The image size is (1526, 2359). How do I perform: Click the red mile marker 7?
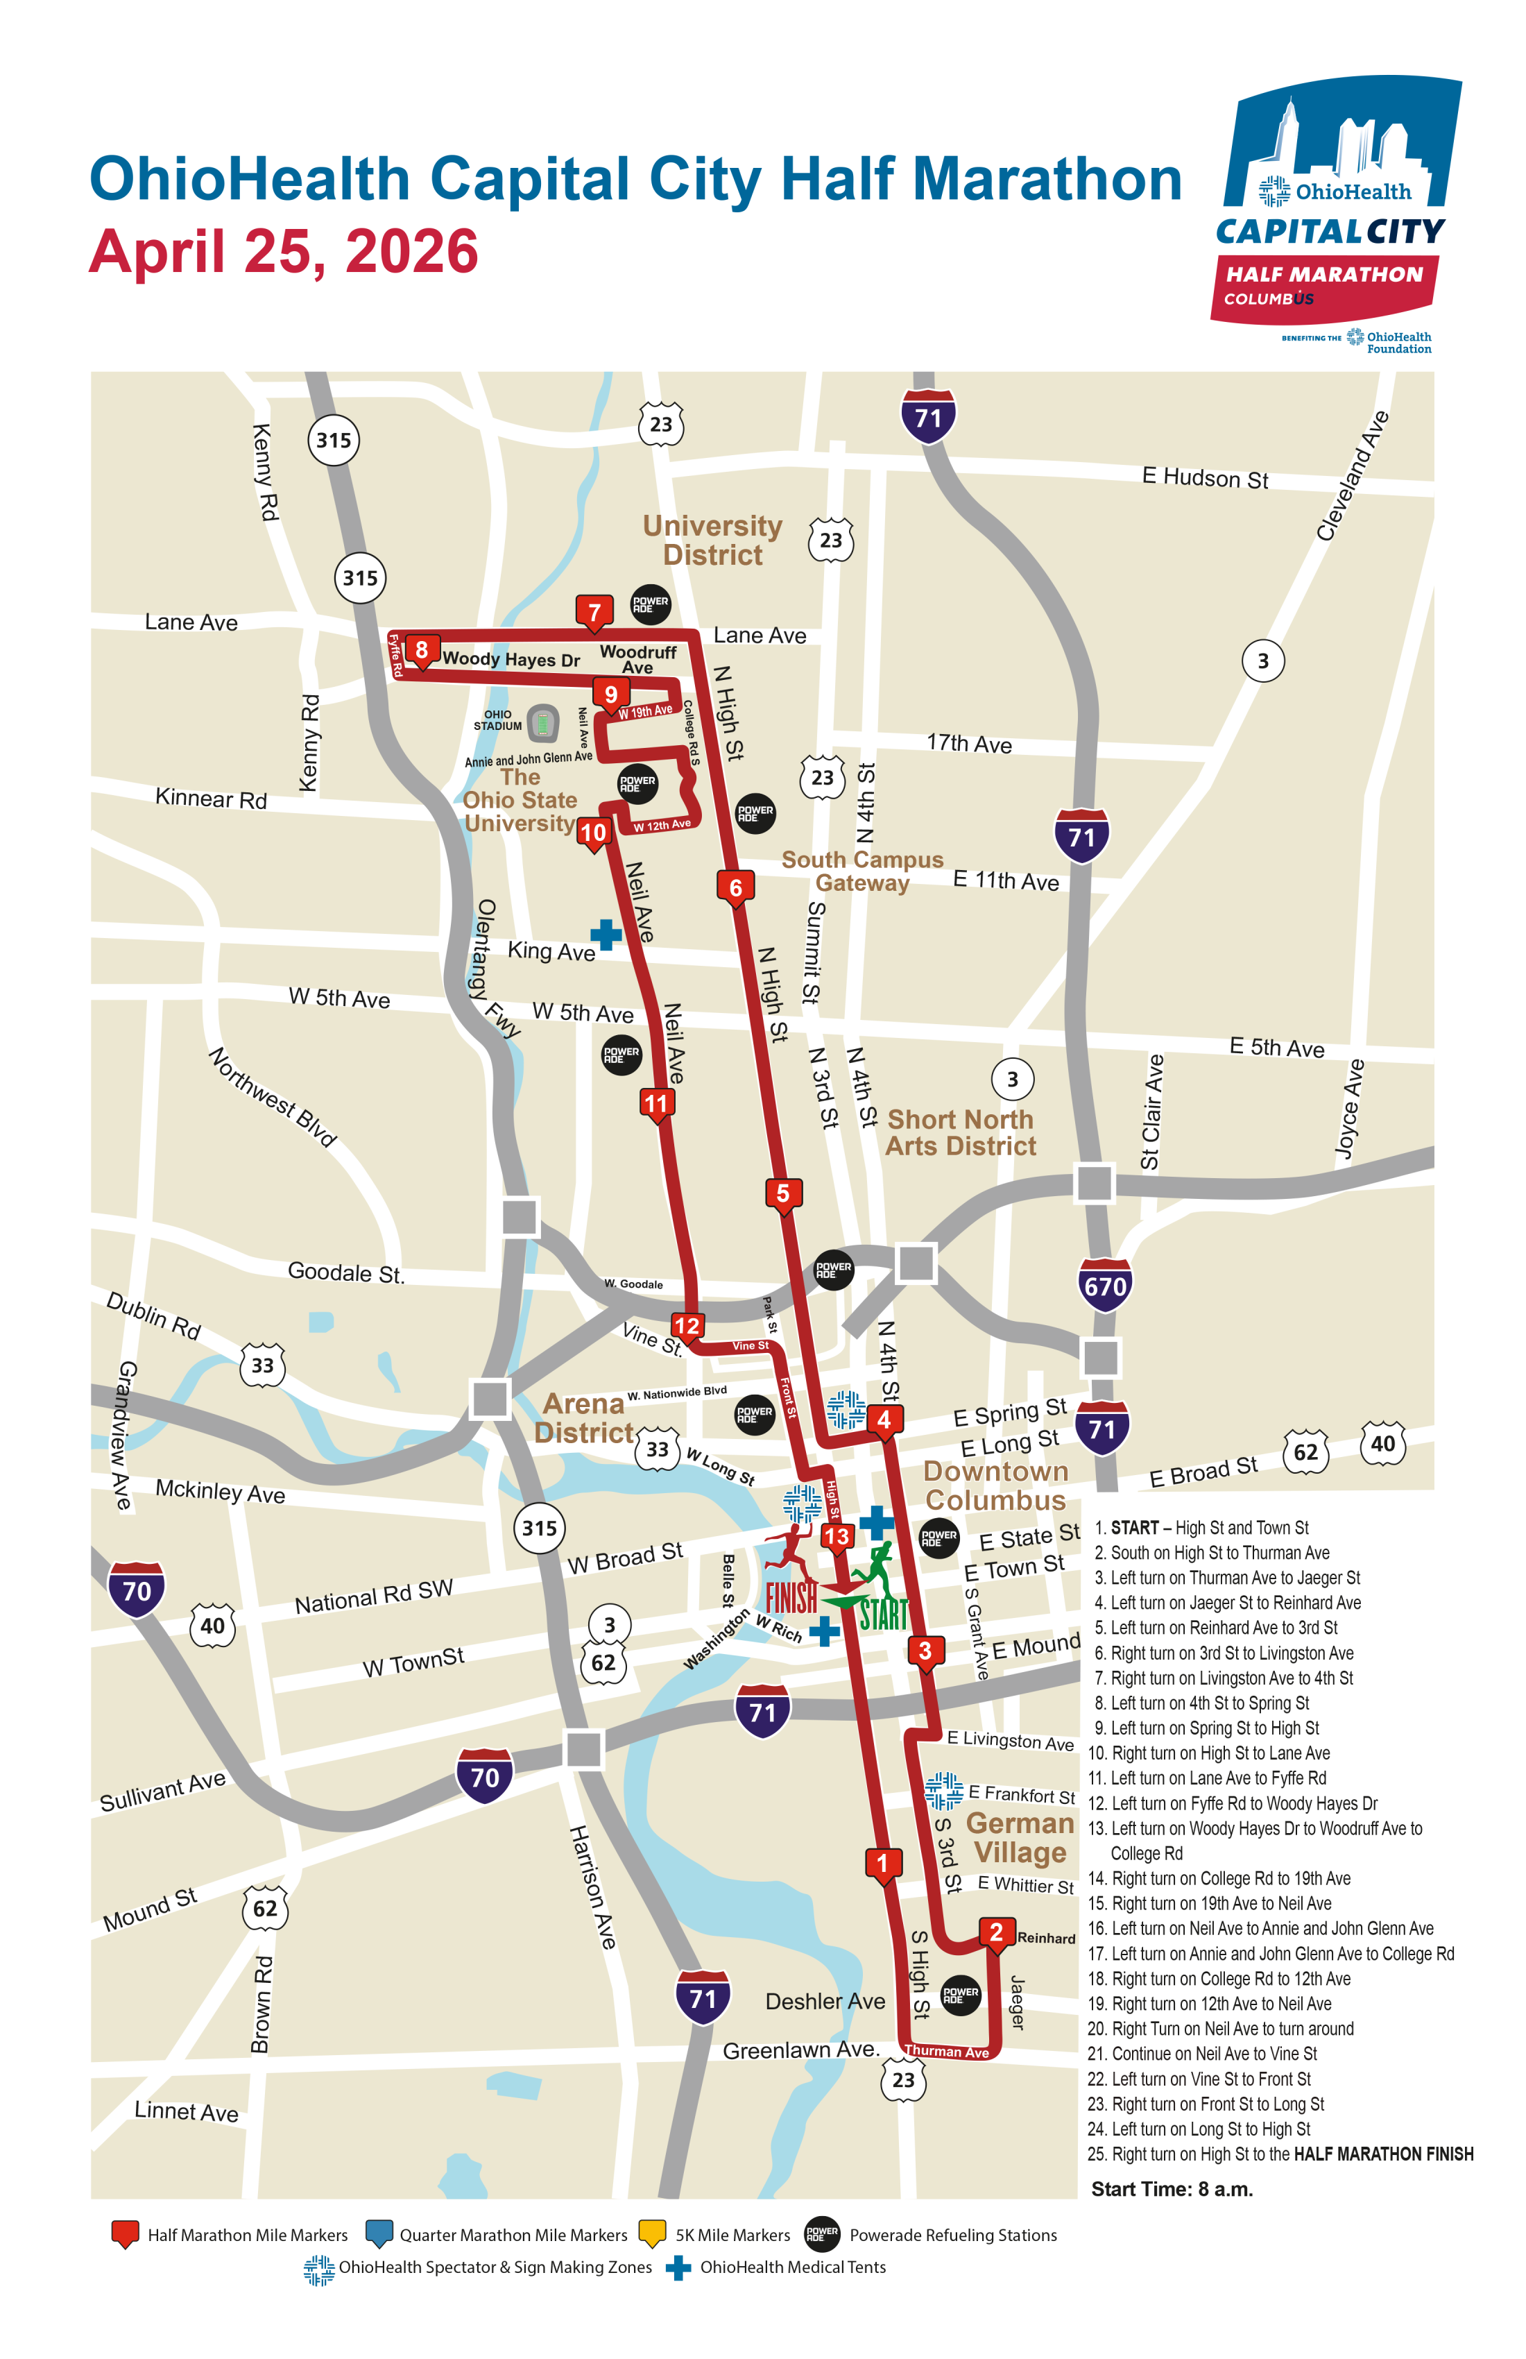pos(594,611)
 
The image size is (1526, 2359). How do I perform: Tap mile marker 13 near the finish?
pos(837,1536)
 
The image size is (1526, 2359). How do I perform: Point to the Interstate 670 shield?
pos(1105,1286)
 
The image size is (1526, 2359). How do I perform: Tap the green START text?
pos(883,1614)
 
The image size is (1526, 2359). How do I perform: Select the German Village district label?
pos(1020,1838)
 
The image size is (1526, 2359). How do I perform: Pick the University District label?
pos(712,540)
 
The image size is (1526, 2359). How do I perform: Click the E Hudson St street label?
pos(1204,478)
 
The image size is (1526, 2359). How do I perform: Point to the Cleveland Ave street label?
pos(1353,477)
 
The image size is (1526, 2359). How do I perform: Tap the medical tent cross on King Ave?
pos(606,934)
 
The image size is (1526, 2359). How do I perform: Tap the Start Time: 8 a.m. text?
pos(1172,2188)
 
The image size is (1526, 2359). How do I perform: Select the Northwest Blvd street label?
pos(273,1097)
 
